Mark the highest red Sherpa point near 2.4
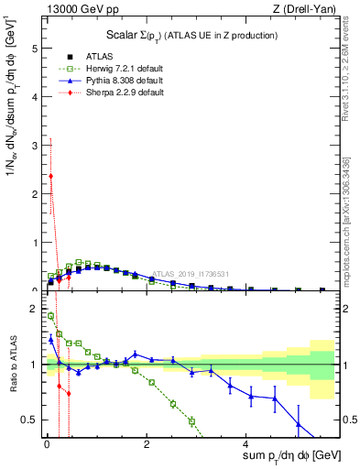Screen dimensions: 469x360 pos(51,176)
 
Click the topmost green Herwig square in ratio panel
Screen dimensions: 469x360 pos(50,316)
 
